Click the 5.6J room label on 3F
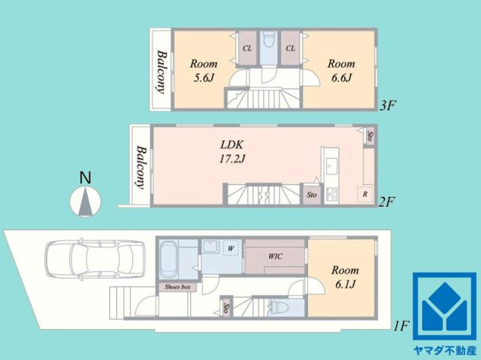[x=204, y=71]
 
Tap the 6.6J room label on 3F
[x=341, y=71]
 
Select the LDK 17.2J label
[x=232, y=152]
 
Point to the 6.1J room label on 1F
[x=345, y=277]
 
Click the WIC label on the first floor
[x=276, y=256]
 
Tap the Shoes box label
[x=177, y=287]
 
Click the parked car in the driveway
[x=95, y=259]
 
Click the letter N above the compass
[x=85, y=178]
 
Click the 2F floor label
[x=386, y=202]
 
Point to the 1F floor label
[x=401, y=326]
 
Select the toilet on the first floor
[x=278, y=307]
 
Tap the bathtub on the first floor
[x=168, y=259]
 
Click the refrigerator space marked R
[x=365, y=194]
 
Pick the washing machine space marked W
[x=231, y=248]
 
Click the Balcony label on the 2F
[x=140, y=167]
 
